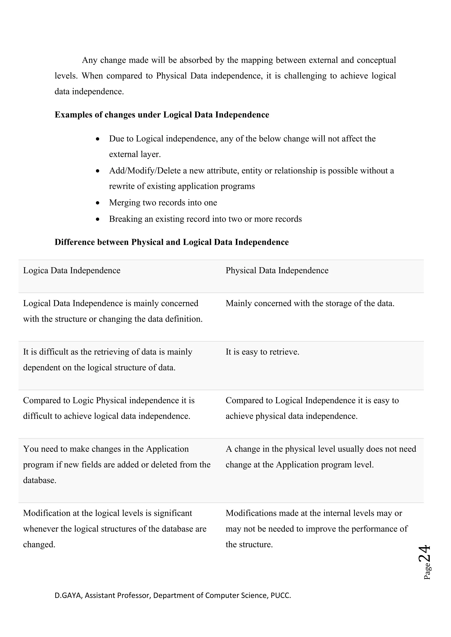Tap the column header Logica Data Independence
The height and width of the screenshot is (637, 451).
coord(72,271)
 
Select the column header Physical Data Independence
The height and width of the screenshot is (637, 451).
coord(277,271)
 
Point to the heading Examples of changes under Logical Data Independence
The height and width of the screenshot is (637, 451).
coord(162,115)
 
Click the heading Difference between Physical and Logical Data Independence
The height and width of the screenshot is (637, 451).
coord(172,242)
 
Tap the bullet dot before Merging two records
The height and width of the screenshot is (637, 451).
coord(98,203)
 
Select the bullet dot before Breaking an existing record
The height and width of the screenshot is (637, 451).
coord(98,220)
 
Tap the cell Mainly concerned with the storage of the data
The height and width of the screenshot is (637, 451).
coord(310,303)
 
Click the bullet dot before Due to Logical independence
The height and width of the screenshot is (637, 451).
coord(98,139)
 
